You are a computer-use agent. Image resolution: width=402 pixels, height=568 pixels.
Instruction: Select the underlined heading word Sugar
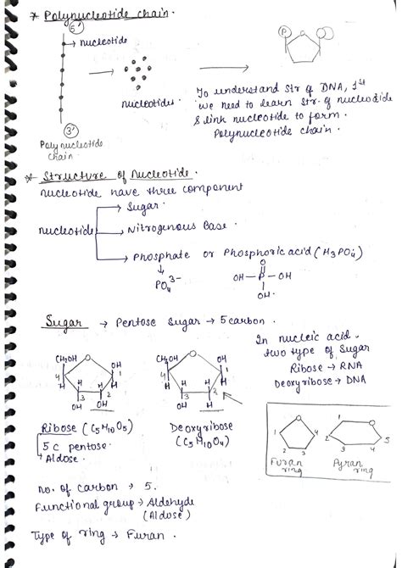[63, 326]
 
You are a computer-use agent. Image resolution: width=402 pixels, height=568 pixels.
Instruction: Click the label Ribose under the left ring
[62, 427]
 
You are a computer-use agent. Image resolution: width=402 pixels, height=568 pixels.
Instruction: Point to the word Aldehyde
[170, 503]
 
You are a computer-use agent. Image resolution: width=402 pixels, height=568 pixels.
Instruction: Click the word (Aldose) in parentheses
[163, 515]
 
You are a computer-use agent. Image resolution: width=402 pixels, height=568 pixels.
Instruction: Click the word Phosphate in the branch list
[160, 255]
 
